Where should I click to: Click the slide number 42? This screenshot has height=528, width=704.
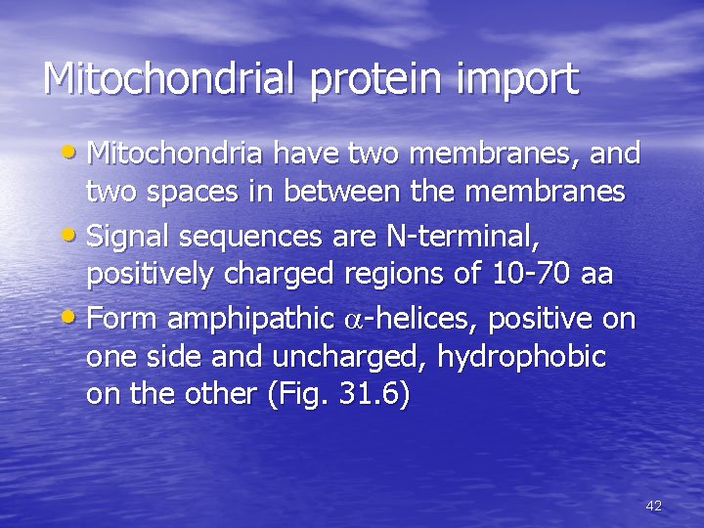click(654, 506)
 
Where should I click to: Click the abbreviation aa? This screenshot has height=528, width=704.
click(595, 275)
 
